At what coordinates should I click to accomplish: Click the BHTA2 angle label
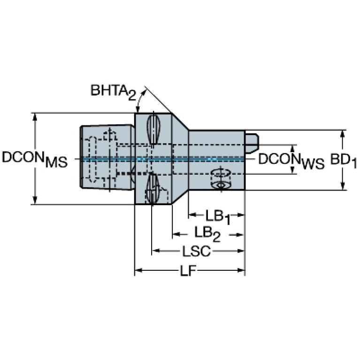tap(114, 92)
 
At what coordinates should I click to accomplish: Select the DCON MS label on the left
tap(35, 159)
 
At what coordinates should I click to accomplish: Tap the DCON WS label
tap(291, 161)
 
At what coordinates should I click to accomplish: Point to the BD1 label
tap(344, 161)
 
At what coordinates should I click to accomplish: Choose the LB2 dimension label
tap(207, 234)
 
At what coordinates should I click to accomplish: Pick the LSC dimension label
tap(197, 251)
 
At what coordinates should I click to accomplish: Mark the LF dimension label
tap(188, 271)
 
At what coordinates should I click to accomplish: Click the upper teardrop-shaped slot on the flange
tap(153, 129)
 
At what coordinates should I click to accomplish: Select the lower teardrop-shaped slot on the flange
tap(153, 189)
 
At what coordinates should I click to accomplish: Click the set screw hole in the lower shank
tap(221, 179)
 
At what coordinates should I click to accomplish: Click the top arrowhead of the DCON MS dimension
tap(35, 117)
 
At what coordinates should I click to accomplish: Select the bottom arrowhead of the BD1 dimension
tap(343, 186)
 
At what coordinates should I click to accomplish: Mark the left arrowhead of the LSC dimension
tap(156, 251)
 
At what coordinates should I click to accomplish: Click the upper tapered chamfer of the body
tap(180, 122)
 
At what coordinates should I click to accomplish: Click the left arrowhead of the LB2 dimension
tap(176, 234)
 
